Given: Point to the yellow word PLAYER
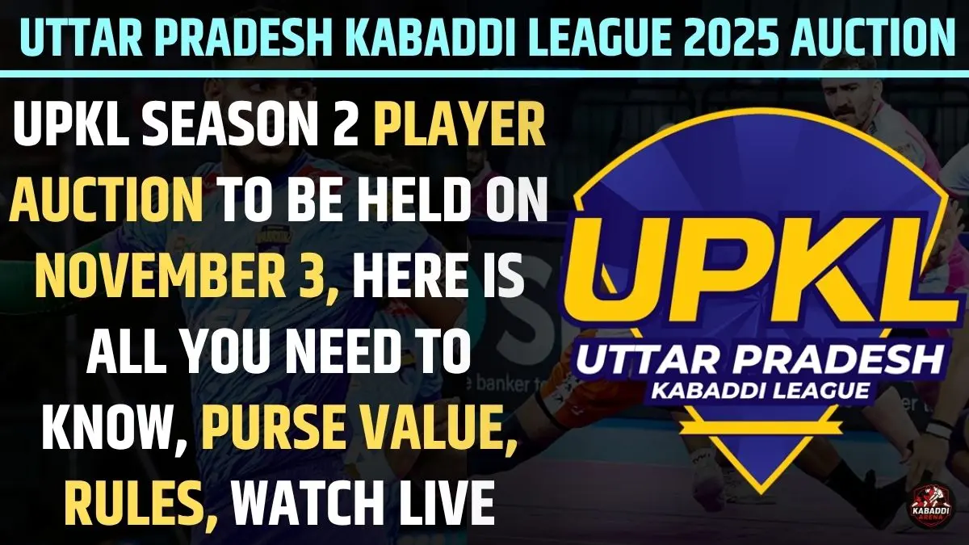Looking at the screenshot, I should [x=462, y=128].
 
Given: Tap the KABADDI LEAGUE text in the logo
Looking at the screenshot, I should [x=751, y=391].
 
